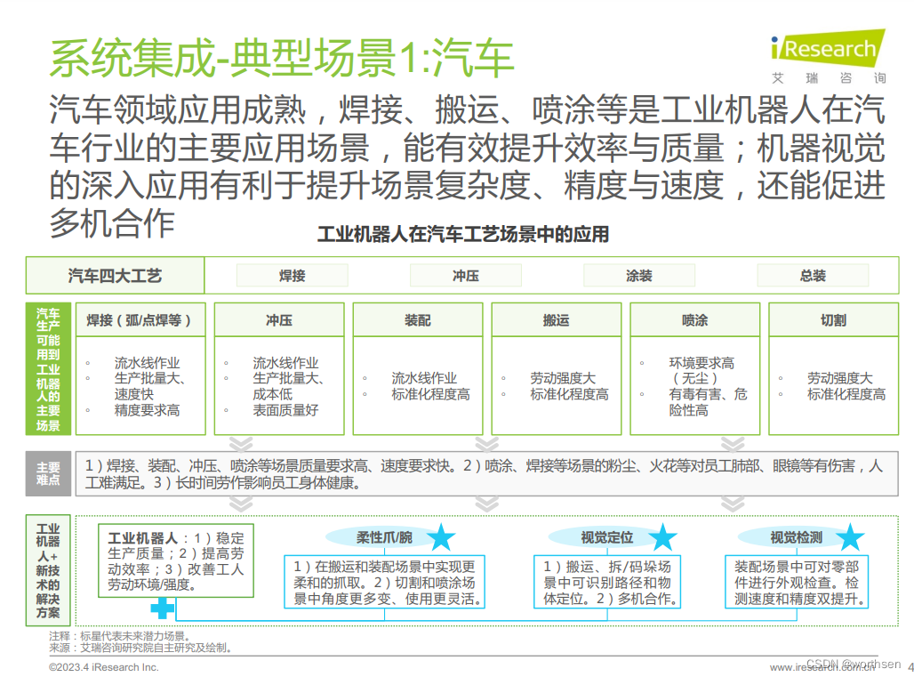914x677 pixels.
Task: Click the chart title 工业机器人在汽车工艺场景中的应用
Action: pos(463,235)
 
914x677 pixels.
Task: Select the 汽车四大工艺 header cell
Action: pos(115,276)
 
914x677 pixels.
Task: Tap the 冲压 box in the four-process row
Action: pos(465,276)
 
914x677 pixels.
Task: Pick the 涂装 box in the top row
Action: pos(638,276)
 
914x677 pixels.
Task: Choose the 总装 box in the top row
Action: pos(812,276)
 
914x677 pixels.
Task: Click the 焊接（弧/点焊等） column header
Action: pos(140,320)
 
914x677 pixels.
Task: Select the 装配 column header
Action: pos(417,320)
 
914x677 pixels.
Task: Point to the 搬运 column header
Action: pos(556,320)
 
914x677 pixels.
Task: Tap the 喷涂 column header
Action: pos(694,320)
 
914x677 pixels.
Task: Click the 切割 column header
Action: pos(833,320)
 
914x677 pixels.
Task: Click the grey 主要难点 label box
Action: pos(48,473)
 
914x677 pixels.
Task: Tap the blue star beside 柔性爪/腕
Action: pos(440,537)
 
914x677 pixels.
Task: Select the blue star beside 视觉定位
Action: pos(661,537)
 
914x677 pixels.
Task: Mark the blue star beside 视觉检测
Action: pos(850,537)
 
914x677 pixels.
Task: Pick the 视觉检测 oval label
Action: pos(796,537)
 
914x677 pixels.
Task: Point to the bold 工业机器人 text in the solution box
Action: pos(142,538)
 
